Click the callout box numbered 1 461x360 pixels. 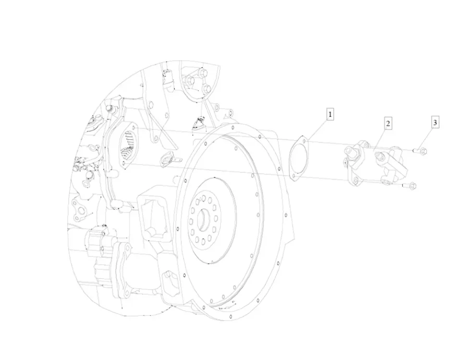coord(330,115)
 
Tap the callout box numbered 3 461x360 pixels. coord(435,123)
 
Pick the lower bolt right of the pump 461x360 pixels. coord(411,185)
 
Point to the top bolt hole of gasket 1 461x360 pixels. coord(303,140)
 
